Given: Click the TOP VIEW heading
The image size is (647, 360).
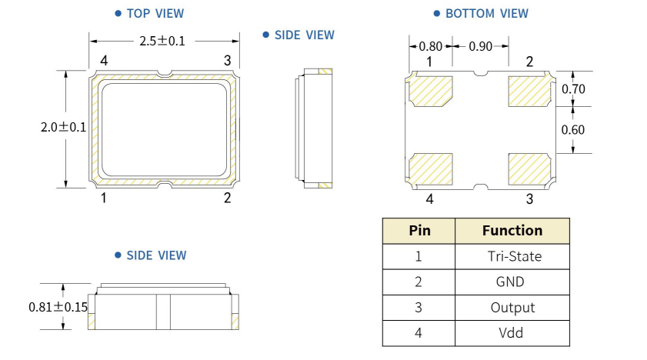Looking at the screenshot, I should pos(155,13).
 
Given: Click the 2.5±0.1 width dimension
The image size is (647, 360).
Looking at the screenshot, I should pos(162,41).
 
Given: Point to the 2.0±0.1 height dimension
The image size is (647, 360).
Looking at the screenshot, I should pos(64,128).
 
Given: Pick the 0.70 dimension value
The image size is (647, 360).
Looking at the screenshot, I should pos(573,89).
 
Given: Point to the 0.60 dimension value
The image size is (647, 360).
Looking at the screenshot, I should pos(573,129).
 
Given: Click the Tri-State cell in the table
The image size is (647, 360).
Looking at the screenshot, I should pos(512,256).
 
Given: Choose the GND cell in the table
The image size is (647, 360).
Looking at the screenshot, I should pos(512,282).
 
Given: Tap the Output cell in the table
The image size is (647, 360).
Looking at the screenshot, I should pos(512,307).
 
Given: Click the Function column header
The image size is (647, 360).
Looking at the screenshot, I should pos(512,231).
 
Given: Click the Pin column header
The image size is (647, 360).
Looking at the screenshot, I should pos(419,231).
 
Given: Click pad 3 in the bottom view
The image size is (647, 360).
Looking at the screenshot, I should pos(529,168).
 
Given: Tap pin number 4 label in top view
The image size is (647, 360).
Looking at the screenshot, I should pos(103,60).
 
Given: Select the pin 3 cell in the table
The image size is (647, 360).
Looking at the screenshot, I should pos(419,307).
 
